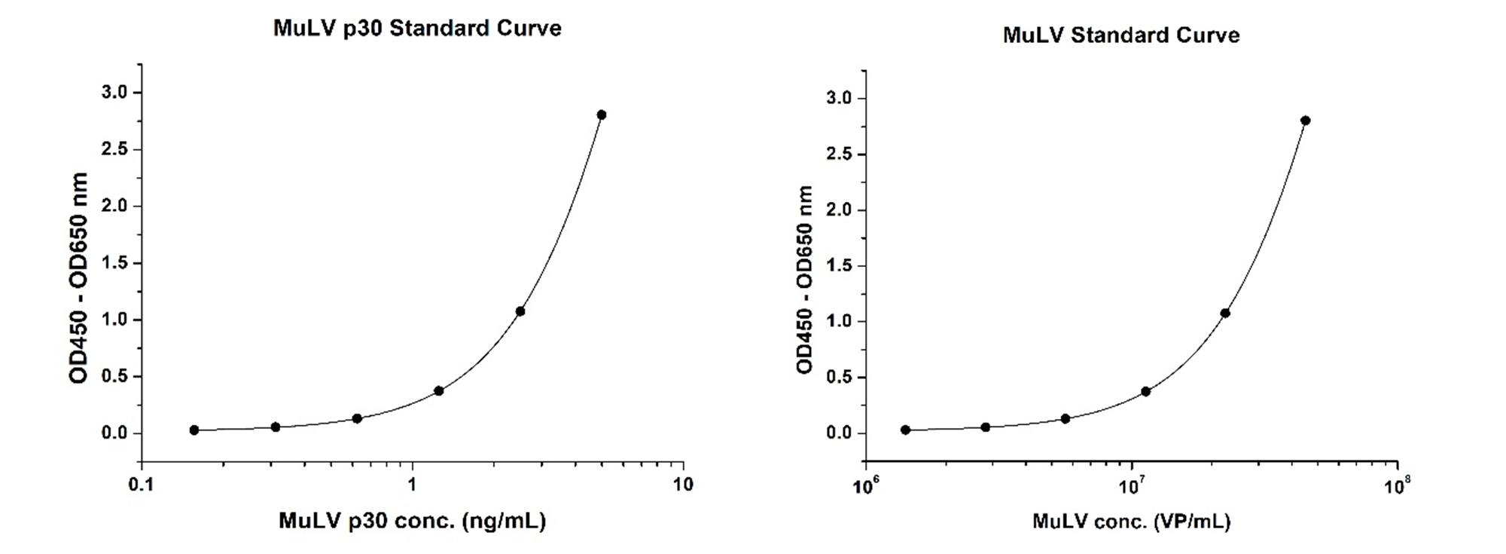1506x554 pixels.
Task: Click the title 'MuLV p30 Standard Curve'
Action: [417, 29]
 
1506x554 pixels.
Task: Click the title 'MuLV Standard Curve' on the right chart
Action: [1121, 35]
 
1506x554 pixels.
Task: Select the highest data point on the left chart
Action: [601, 115]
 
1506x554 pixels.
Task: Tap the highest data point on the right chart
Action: [1305, 121]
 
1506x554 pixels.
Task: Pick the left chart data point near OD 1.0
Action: [520, 311]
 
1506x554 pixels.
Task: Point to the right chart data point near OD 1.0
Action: [1225, 313]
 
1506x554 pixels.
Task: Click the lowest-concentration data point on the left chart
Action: [194, 430]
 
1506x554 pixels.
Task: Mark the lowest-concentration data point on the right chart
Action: [905, 430]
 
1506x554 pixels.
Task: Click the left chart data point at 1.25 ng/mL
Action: [439, 390]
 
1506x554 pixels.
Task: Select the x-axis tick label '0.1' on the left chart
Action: [142, 484]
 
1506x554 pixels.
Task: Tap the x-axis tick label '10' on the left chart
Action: [683, 484]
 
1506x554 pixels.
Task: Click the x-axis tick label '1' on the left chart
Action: [412, 484]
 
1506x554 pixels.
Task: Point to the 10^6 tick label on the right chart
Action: [866, 485]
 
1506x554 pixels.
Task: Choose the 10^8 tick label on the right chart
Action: [1398, 485]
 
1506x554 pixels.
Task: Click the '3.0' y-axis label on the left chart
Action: [114, 92]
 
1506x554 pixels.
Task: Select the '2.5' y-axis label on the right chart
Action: [840, 154]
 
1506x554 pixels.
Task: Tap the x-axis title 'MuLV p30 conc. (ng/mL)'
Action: [412, 521]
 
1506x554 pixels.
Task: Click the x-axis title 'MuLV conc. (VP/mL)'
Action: [1132, 522]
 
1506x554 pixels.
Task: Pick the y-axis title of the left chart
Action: [79, 278]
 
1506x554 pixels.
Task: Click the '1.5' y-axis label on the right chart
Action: [840, 265]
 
